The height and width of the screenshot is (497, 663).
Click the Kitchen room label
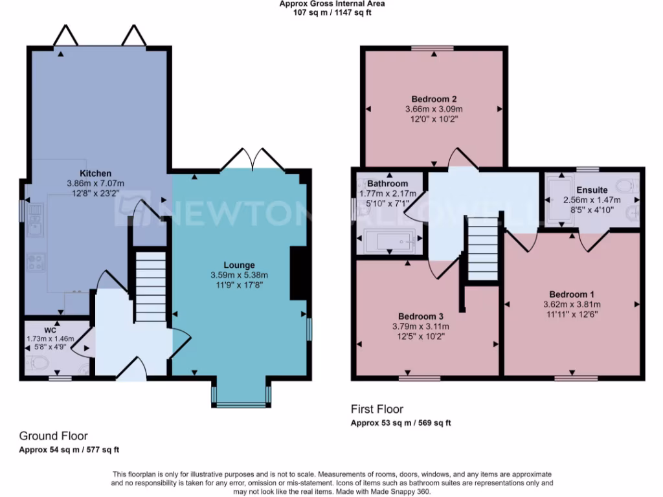coord(96,173)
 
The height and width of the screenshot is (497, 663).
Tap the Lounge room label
coord(239,265)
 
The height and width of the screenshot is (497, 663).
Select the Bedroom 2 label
coord(434,99)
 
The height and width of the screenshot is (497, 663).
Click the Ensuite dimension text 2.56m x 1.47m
coord(592,200)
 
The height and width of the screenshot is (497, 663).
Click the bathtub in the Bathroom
coord(387,241)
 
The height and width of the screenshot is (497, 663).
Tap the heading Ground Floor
coord(53,436)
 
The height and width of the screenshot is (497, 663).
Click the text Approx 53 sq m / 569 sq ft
coord(401,423)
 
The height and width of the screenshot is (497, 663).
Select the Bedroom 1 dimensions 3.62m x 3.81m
coord(572,304)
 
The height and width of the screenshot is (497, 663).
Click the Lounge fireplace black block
coord(298,273)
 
